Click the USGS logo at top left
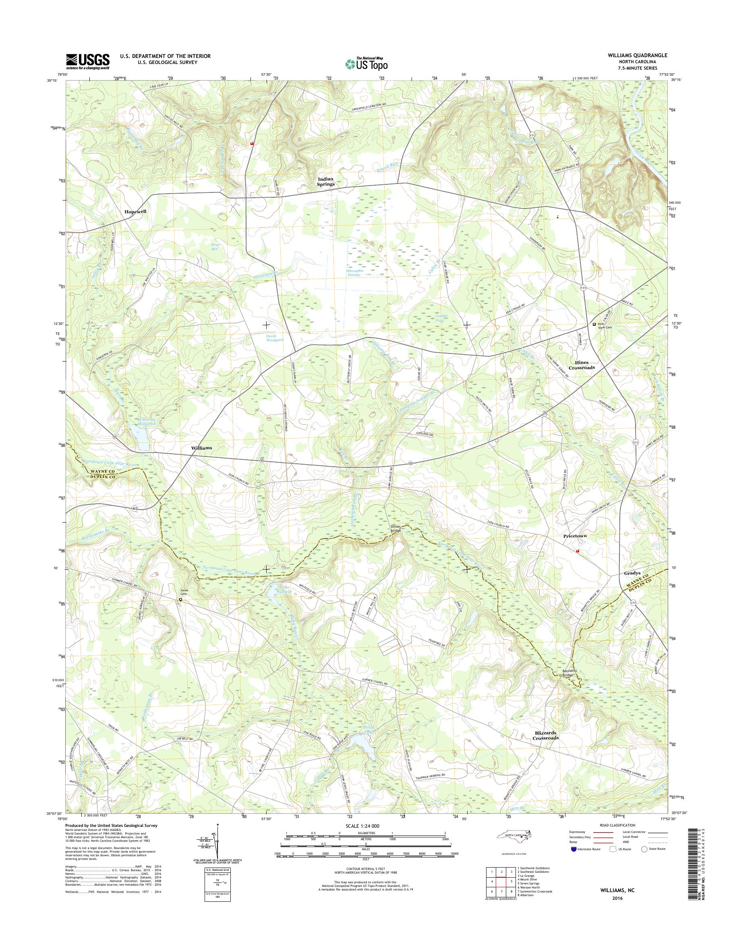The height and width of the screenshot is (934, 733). [87, 61]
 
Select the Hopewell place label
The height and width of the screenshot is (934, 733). [135, 212]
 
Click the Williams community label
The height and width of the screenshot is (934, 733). [201, 448]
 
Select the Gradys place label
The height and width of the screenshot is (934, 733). [632, 573]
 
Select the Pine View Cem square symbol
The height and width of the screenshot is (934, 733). [594, 324]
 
